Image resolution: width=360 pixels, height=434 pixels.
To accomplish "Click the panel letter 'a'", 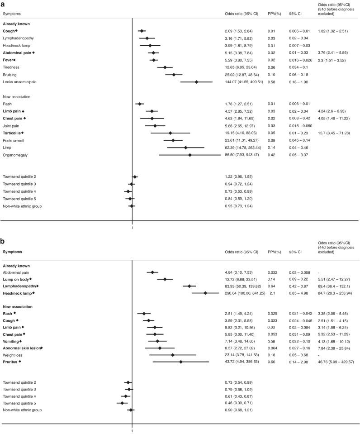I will (x=4, y=4).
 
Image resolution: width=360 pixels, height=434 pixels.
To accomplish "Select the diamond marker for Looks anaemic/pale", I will (x=196, y=82).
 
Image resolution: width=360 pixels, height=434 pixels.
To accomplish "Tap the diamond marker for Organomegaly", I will (x=190, y=155).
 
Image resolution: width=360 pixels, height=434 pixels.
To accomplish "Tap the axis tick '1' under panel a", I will (x=132, y=228).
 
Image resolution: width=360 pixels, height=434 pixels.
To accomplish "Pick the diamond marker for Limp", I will (x=185, y=148).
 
